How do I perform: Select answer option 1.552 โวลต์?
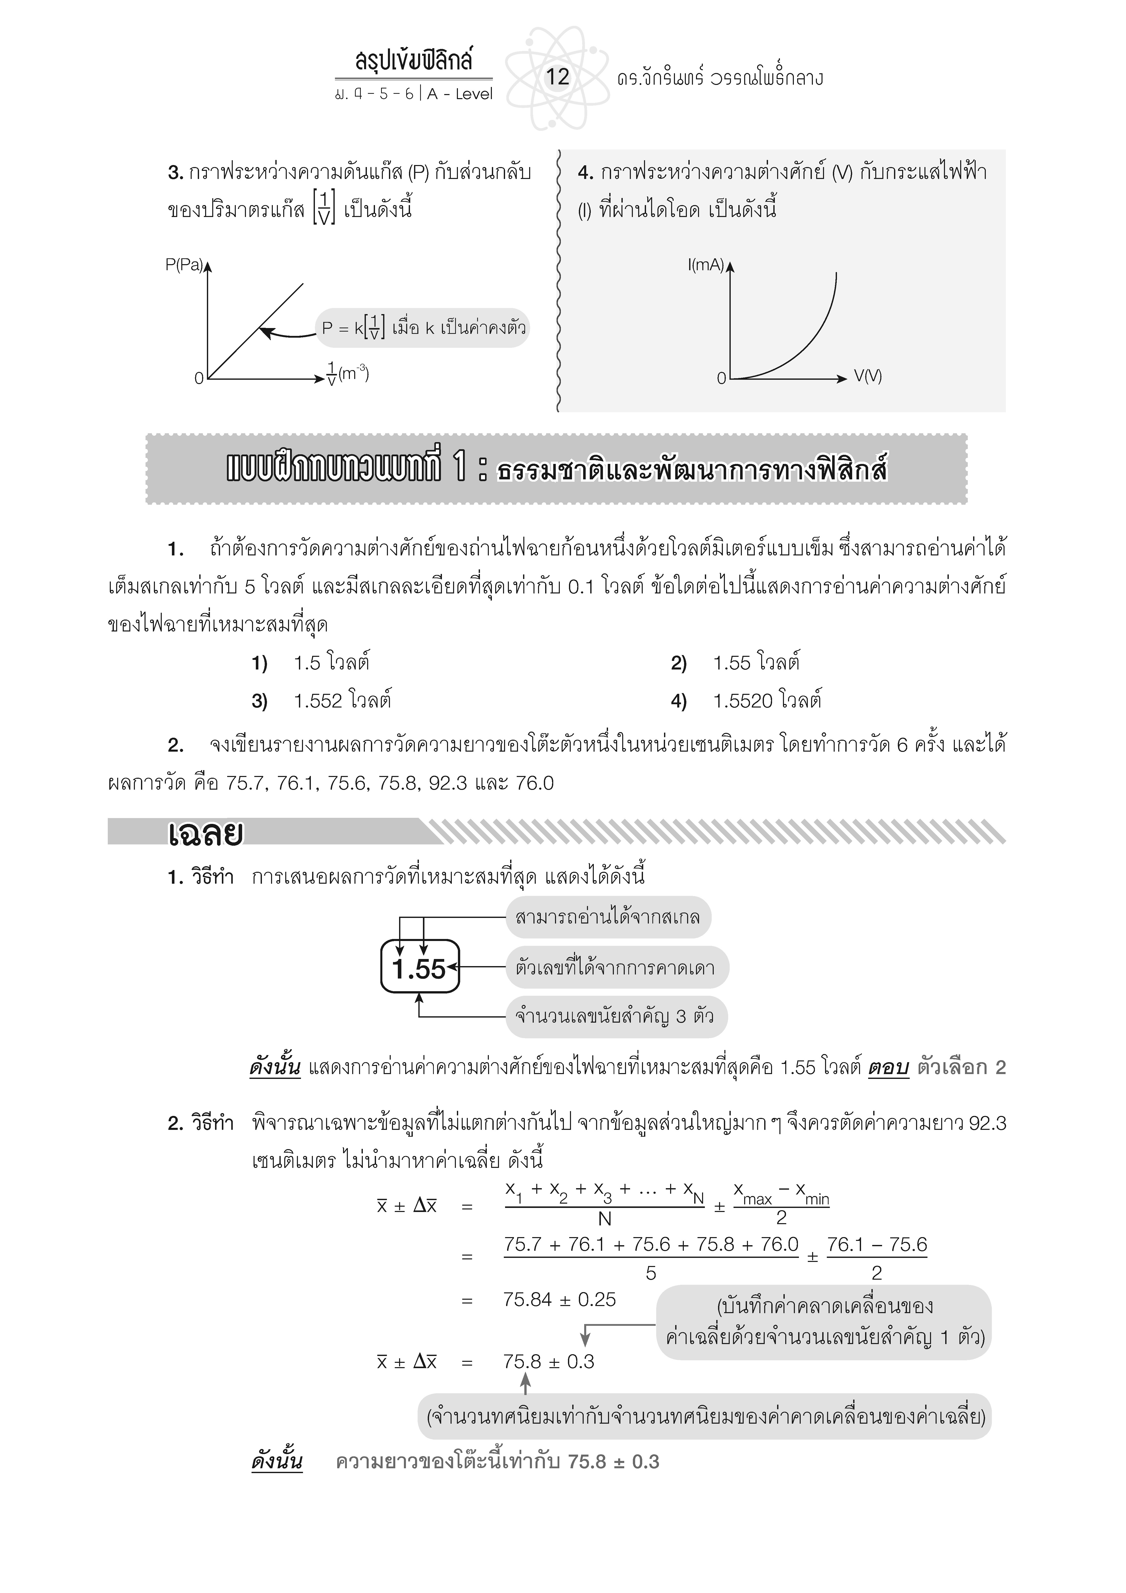point(342,701)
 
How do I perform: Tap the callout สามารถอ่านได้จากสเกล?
point(608,917)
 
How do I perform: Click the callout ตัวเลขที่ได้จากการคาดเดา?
point(615,967)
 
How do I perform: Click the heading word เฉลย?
point(205,834)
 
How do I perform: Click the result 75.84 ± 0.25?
point(559,1299)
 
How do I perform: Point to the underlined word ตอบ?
point(888,1068)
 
